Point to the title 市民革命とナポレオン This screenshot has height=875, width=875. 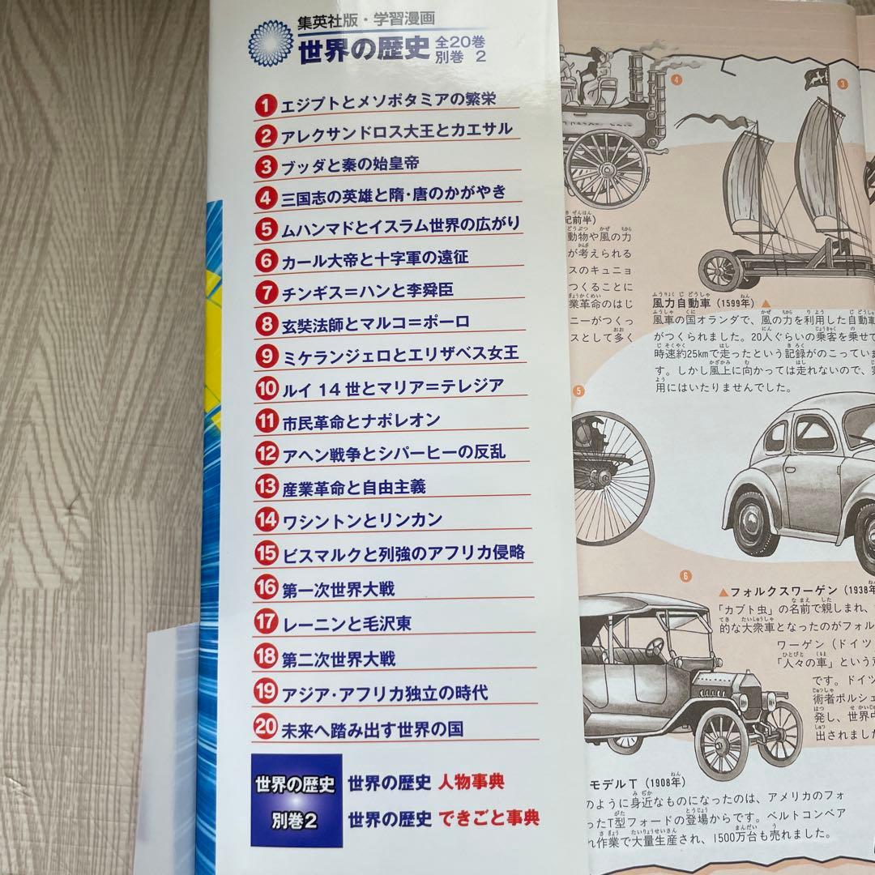361,420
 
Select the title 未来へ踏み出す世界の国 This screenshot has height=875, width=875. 372,728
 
